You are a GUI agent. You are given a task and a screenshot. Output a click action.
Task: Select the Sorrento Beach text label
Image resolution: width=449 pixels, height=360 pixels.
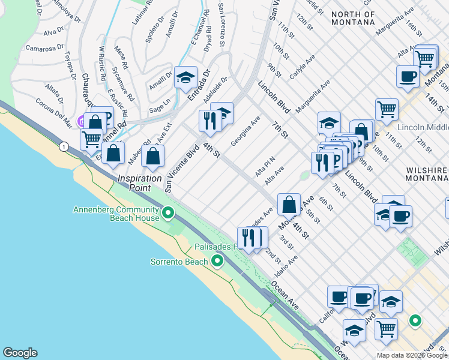coord(179,262)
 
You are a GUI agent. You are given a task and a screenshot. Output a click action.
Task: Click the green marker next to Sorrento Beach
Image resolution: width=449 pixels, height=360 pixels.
coord(217,261)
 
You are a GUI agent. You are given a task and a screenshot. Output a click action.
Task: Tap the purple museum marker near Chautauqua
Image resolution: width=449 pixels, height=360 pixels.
coord(80,119)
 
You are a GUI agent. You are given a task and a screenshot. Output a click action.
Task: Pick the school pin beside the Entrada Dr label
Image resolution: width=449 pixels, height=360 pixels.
coord(185,77)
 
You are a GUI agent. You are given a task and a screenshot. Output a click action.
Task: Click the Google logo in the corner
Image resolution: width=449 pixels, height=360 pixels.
coord(19,353)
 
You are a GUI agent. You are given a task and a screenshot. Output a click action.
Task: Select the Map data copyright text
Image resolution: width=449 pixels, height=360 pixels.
coord(412,355)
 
